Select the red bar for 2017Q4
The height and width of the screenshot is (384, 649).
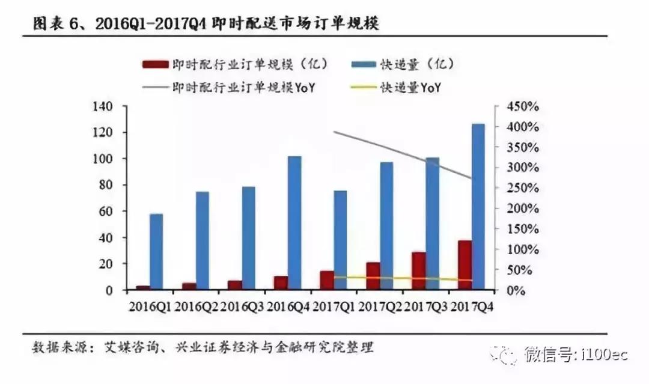(465, 265)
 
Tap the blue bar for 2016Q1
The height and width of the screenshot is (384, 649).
(157, 252)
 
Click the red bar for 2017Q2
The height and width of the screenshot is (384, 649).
(373, 276)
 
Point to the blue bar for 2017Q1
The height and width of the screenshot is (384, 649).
(341, 240)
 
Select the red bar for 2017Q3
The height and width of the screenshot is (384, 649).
(419, 271)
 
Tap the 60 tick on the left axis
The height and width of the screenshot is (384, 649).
(106, 212)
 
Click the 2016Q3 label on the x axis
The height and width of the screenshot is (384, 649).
(242, 306)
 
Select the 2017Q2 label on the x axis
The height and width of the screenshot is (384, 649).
(381, 306)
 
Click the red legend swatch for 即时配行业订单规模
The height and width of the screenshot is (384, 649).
(154, 64)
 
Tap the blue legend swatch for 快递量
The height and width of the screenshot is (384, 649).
(359, 64)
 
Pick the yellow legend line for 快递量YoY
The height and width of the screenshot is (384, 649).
(359, 88)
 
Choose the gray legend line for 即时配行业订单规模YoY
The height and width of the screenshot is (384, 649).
(154, 88)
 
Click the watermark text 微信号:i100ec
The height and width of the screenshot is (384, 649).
(575, 354)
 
